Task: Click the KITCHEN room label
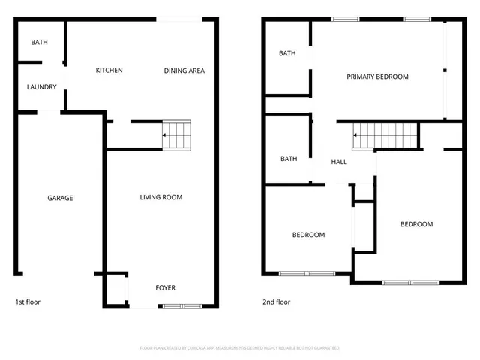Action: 109,70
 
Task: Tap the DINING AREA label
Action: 184,71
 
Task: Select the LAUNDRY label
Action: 42,87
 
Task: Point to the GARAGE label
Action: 60,199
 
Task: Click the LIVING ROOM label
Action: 161,198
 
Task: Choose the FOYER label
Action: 165,288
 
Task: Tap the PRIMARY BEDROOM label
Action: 377,76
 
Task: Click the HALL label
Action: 339,162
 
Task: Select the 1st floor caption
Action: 28,302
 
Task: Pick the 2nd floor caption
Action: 276,302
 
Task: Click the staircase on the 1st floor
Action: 178,135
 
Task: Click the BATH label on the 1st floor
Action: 39,43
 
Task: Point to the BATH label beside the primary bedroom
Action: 287,53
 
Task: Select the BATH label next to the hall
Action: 288,159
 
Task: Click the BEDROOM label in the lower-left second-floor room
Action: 308,235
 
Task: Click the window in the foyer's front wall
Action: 181,305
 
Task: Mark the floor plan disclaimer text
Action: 240,348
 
